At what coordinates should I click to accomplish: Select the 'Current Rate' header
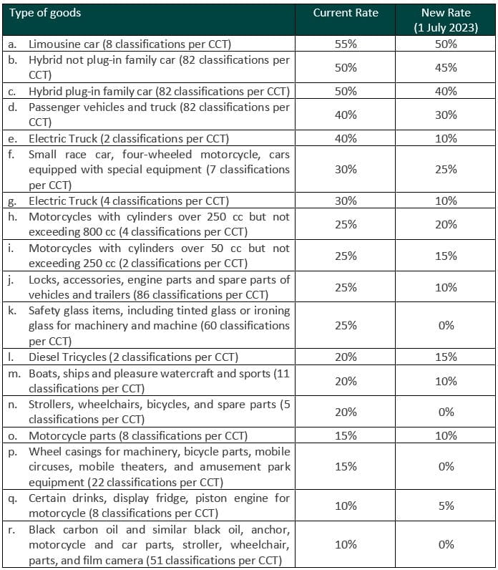click(346, 13)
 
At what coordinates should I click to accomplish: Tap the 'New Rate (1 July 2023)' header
click(445, 20)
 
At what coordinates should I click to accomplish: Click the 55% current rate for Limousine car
click(346, 44)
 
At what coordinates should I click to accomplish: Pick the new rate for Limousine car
click(445, 44)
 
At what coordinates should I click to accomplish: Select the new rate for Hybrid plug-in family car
click(445, 92)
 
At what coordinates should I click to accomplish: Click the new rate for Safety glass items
click(445, 326)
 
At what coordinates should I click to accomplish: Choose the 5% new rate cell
click(445, 506)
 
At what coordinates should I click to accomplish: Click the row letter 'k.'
click(12, 311)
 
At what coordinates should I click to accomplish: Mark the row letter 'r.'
click(11, 530)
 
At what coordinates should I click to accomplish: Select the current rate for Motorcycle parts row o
click(346, 435)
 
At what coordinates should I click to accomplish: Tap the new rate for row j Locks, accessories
click(445, 287)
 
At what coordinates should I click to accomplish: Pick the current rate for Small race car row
click(346, 170)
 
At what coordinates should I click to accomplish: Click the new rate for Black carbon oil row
click(445, 545)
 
